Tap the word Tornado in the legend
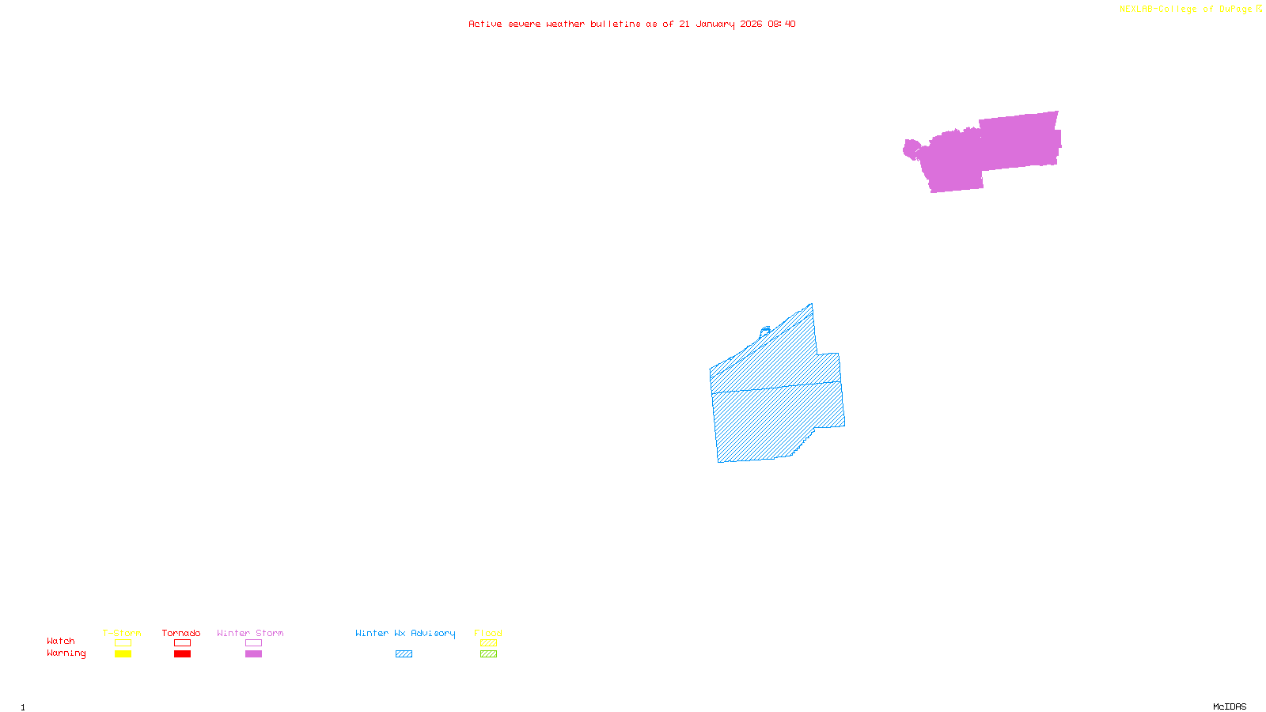click(x=181, y=633)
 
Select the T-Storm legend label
click(x=122, y=633)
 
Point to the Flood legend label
click(x=488, y=633)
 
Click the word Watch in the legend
click(x=61, y=641)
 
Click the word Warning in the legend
click(x=66, y=653)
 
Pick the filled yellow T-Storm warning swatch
click(x=123, y=654)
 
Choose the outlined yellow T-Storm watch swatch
click(x=123, y=643)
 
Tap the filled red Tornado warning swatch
click(x=182, y=654)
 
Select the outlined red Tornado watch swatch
click(x=182, y=643)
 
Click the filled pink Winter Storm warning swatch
click(x=253, y=654)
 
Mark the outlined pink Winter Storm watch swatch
click(x=253, y=643)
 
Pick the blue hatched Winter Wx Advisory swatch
click(x=404, y=654)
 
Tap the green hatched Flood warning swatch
click(x=488, y=654)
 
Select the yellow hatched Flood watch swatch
click(x=488, y=643)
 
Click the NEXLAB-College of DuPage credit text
click(x=1186, y=9)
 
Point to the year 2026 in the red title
click(x=751, y=24)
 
